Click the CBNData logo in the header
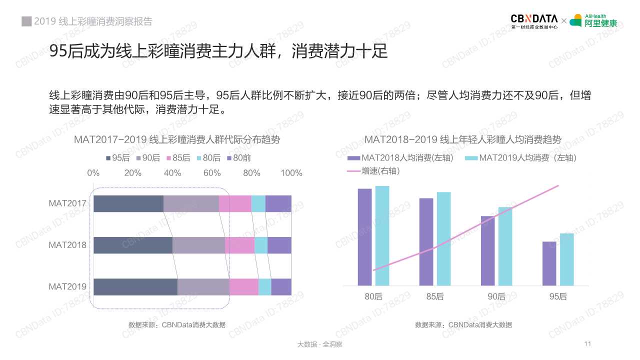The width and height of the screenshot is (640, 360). [x=534, y=21]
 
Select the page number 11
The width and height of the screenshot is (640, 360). [x=587, y=344]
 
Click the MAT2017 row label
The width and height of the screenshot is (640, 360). [x=67, y=204]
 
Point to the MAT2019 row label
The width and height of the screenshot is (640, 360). [x=67, y=287]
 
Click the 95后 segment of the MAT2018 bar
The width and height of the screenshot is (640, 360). [x=133, y=245]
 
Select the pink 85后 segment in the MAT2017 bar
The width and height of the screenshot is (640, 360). [x=235, y=204]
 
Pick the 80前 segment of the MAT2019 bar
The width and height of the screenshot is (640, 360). [x=281, y=287]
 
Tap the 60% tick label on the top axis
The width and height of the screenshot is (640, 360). [x=212, y=173]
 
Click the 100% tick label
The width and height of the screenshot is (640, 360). [x=291, y=173]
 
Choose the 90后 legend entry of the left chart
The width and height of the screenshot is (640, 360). [x=147, y=158]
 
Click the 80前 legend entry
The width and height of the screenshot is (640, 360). [x=238, y=158]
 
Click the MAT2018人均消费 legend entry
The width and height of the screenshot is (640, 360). [x=400, y=158]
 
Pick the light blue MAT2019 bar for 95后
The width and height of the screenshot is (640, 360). [x=566, y=259]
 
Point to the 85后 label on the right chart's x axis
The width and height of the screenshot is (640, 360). [x=435, y=296]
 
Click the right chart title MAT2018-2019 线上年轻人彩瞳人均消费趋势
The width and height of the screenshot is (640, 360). [x=463, y=139]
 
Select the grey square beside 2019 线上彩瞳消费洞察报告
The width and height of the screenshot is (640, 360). [x=26, y=21]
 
